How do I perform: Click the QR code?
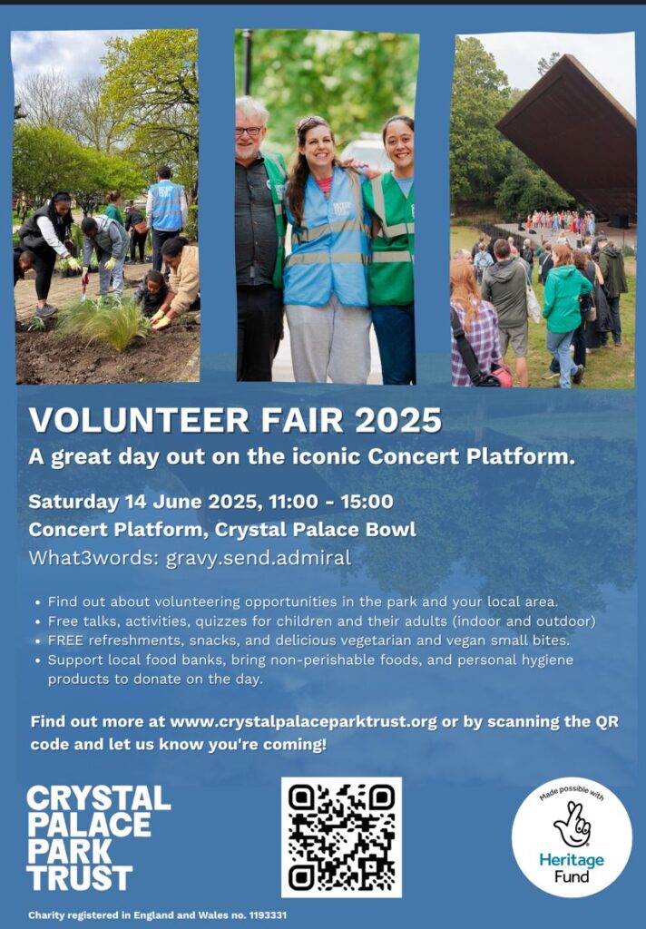341,837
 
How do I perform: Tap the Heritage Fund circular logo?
572,837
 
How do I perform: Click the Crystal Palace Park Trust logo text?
98,837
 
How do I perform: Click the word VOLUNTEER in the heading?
140,420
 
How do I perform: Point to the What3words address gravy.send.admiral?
259,558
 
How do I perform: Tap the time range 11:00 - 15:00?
330,501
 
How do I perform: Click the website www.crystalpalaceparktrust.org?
303,721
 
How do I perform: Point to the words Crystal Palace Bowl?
316,529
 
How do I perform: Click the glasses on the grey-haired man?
249,130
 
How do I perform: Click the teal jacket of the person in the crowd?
566,298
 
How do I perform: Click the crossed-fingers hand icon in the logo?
573,824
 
